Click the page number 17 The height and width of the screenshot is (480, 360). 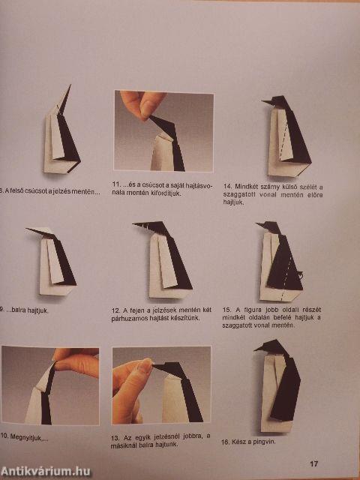313,463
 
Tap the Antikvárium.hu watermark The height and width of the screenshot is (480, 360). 46,470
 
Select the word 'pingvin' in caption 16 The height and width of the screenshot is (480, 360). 262,442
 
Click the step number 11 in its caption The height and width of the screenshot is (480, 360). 116,184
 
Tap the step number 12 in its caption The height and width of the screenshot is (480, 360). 116,310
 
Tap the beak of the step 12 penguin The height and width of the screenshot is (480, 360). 138,224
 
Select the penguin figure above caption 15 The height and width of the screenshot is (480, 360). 279,259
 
